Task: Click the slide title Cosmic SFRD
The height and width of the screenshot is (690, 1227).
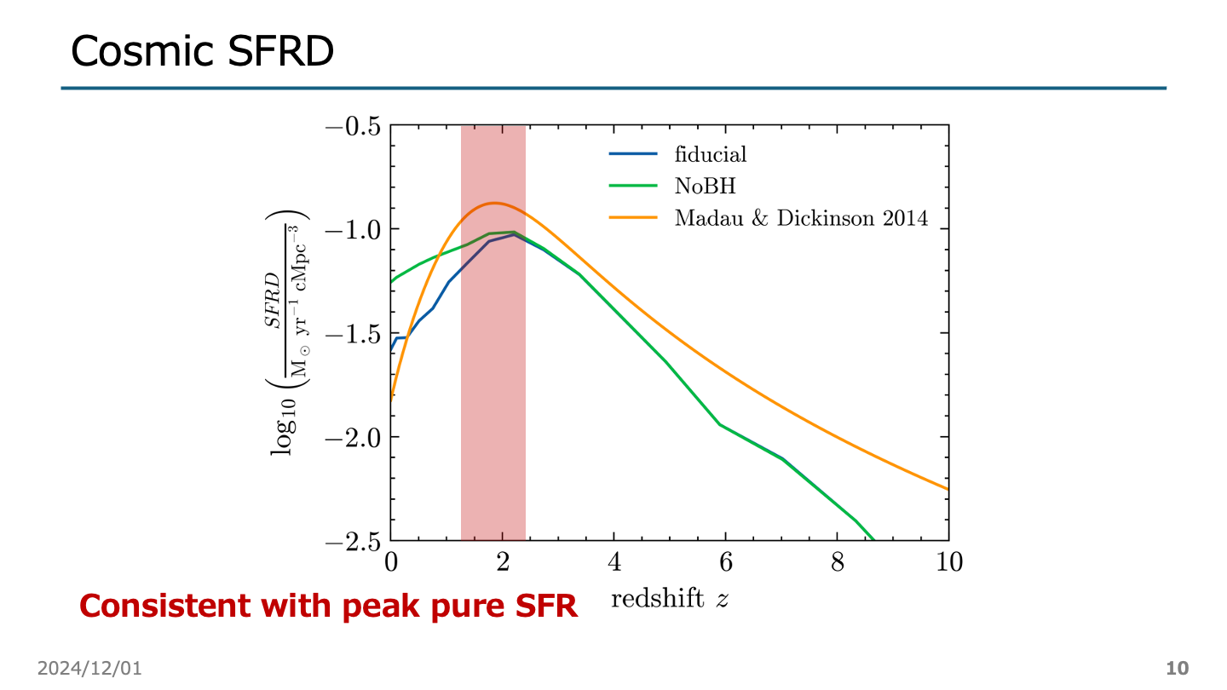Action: click(202, 51)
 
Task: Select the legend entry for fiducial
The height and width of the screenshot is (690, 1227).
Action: click(710, 154)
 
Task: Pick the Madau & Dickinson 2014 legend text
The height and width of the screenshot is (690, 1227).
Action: click(800, 218)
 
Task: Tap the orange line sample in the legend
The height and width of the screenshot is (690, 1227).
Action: click(633, 218)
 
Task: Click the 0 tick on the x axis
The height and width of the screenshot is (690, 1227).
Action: click(390, 562)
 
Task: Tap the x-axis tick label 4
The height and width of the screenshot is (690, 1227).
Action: click(613, 562)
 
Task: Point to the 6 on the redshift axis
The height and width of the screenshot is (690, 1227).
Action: click(725, 562)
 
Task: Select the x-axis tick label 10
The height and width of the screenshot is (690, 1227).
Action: click(948, 562)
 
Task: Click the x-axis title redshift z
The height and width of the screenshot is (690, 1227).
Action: click(670, 599)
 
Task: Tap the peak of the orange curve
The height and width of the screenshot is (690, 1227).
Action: click(493, 203)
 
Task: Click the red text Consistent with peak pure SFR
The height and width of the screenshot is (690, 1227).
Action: click(328, 606)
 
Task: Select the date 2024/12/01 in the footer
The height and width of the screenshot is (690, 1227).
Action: click(89, 668)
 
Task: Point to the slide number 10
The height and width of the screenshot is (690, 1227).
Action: click(1177, 668)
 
